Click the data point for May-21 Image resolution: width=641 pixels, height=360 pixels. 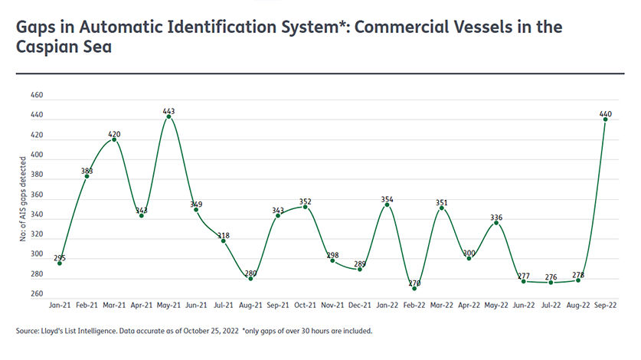[168, 116]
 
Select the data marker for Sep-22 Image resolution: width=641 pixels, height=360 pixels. [605, 119]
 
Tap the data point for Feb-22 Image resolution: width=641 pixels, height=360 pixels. [414, 288]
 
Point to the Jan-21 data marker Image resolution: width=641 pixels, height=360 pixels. [60, 263]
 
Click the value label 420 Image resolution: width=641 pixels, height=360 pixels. [114, 134]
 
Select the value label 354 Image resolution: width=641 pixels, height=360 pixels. [387, 199]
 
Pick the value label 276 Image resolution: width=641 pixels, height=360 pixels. [551, 276]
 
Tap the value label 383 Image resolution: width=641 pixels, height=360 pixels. [87, 171]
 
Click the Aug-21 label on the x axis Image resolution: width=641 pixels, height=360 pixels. [250, 305]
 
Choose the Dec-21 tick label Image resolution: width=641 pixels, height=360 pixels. [359, 305]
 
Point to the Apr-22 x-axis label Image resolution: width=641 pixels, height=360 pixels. [469, 305]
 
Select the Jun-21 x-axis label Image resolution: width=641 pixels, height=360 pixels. [196, 305]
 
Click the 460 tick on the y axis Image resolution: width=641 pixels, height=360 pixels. [36, 96]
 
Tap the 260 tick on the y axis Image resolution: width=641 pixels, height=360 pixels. [36, 294]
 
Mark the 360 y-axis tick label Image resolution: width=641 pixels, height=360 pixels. [36, 195]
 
